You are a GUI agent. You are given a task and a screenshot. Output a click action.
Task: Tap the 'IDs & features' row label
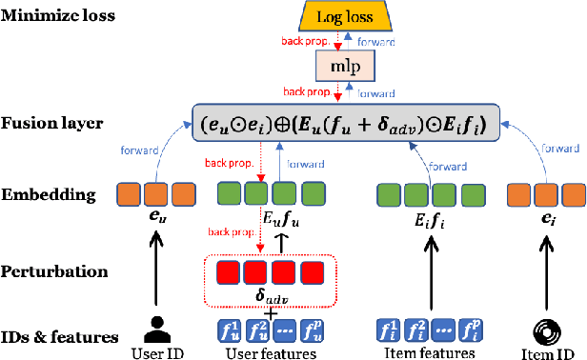(x=58, y=336)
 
